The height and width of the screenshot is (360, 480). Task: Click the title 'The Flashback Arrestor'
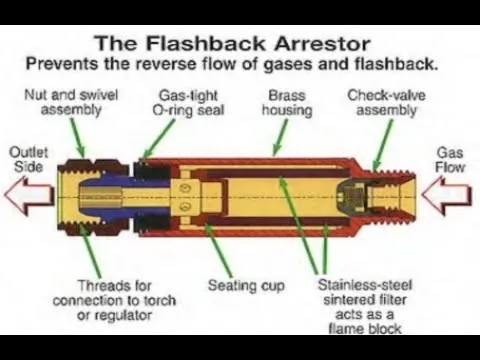coord(233,44)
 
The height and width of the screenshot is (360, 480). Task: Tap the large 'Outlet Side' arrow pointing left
coord(29,195)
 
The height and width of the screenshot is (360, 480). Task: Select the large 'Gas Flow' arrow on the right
coord(447,195)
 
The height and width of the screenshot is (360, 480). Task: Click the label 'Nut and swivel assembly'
coord(71,102)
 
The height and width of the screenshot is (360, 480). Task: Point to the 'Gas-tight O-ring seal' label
coord(188,103)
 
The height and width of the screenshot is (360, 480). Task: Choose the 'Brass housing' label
coord(287,103)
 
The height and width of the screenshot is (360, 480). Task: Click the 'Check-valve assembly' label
coord(386,103)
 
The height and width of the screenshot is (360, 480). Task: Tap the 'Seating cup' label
coord(246,286)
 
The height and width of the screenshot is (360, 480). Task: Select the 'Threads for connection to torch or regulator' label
coord(114,300)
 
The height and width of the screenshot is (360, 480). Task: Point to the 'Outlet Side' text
coord(29,160)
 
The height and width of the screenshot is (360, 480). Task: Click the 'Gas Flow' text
coord(450,160)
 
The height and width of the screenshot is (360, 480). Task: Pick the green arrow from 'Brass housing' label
coord(280,137)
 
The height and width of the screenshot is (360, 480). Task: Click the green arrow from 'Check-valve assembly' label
coord(383,145)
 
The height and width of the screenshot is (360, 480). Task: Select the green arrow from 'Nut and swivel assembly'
coord(77,138)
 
